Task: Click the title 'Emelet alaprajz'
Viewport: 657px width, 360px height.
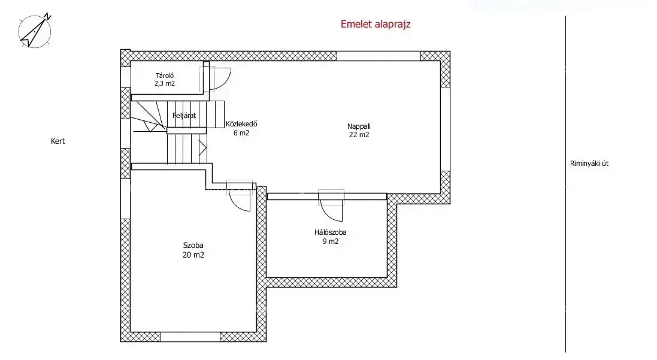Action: (x=376, y=24)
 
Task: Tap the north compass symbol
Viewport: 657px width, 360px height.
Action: (x=35, y=31)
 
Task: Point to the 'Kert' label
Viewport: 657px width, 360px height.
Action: (x=58, y=141)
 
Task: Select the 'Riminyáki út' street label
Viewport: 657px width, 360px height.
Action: (x=589, y=164)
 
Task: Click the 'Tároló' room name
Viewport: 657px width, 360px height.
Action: (x=165, y=75)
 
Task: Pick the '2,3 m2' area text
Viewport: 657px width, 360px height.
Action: (x=165, y=83)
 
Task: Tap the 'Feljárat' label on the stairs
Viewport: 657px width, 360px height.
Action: (x=184, y=116)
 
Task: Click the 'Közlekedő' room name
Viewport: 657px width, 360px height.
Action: (x=241, y=124)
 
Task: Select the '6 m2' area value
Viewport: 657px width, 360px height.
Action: (x=241, y=133)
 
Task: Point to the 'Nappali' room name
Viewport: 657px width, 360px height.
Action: (x=359, y=126)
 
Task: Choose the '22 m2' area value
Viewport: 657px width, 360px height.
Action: (x=359, y=135)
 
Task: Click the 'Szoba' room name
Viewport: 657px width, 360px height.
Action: (x=193, y=246)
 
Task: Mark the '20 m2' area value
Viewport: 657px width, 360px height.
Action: (x=193, y=255)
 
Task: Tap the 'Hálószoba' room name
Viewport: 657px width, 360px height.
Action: (x=330, y=232)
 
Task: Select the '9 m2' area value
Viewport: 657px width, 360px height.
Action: (x=331, y=241)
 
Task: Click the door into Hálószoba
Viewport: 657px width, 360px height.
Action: (x=331, y=205)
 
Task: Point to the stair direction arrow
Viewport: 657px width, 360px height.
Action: (x=203, y=148)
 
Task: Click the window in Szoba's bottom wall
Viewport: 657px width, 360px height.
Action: (x=190, y=337)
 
